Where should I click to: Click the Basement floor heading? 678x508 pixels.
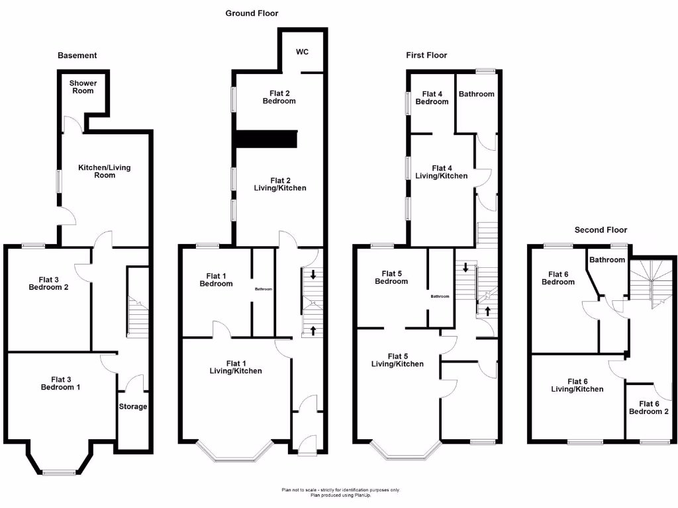pos(77,56)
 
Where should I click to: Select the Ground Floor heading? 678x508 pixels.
pos(252,13)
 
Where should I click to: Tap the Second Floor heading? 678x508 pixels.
pos(600,230)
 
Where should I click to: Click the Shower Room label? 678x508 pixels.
pos(83,87)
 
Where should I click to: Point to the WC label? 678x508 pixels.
pos(302,52)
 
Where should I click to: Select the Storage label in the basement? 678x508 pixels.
pos(132,406)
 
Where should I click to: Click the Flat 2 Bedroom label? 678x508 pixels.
pos(279,97)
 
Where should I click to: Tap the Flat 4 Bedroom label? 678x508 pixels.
pos(432,98)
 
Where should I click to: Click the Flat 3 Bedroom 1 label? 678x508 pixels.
pos(60,383)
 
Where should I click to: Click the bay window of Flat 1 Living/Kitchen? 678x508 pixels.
pos(235,454)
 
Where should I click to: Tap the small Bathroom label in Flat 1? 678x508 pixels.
pos(264,289)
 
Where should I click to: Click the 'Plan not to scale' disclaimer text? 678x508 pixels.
pos(340,490)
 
